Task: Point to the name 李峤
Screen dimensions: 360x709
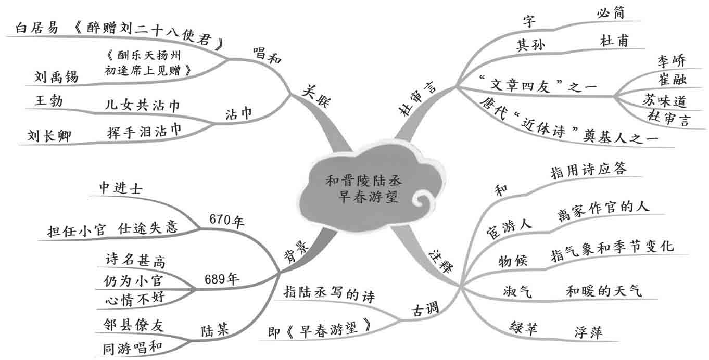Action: (671, 61)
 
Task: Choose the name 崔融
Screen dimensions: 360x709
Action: (672, 80)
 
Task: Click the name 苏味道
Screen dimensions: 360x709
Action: (664, 100)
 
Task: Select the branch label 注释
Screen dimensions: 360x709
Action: (440, 259)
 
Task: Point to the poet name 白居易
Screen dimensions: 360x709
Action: (37, 28)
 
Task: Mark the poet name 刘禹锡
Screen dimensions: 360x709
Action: (56, 78)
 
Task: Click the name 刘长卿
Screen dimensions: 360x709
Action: (50, 136)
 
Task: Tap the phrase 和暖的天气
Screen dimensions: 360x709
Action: (603, 290)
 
